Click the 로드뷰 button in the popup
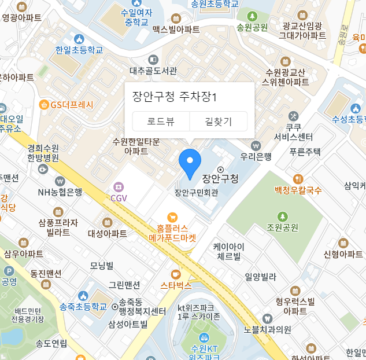[x=161, y=122]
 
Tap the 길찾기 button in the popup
[x=219, y=122]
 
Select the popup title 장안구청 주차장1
[x=174, y=96]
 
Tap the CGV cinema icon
[x=119, y=186]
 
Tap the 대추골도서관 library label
[x=153, y=71]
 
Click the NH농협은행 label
[x=60, y=192]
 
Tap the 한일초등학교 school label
[x=79, y=50]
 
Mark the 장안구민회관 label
[x=196, y=193]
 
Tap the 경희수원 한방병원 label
[x=43, y=152]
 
